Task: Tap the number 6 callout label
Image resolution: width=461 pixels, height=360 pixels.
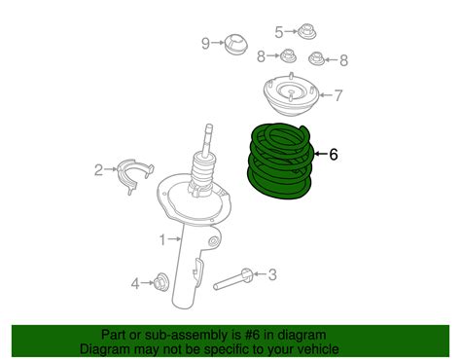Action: click(x=334, y=154)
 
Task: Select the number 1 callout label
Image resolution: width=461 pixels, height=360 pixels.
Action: click(x=162, y=238)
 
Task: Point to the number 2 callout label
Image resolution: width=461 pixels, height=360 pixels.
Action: click(x=98, y=171)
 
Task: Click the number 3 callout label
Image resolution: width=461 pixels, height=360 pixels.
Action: click(x=272, y=276)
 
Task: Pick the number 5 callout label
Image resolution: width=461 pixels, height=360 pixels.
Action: click(x=278, y=32)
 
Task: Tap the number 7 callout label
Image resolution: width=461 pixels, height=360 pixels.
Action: click(x=337, y=95)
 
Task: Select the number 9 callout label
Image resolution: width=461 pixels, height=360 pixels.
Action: click(x=205, y=42)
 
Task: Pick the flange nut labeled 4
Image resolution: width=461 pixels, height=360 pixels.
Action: click(x=162, y=283)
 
